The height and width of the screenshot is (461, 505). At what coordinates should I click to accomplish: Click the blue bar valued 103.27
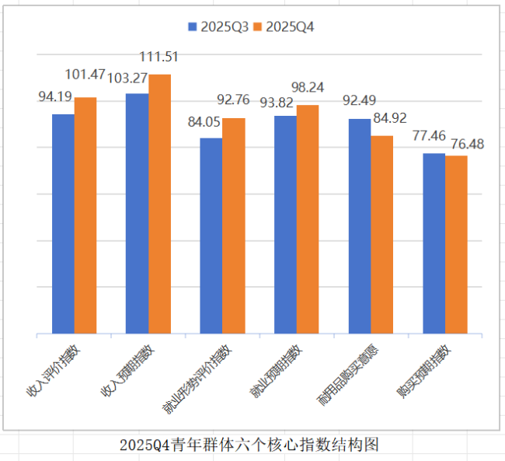[x=138, y=214]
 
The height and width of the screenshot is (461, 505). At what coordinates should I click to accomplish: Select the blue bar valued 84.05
[x=211, y=236]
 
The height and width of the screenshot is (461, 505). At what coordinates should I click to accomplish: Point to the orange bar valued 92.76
[x=234, y=226]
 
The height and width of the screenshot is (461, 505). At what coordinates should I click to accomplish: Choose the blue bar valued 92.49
[x=360, y=226]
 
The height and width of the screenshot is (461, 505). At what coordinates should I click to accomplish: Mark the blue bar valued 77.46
[x=434, y=244]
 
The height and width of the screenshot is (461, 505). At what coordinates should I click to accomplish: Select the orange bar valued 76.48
[x=456, y=245]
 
